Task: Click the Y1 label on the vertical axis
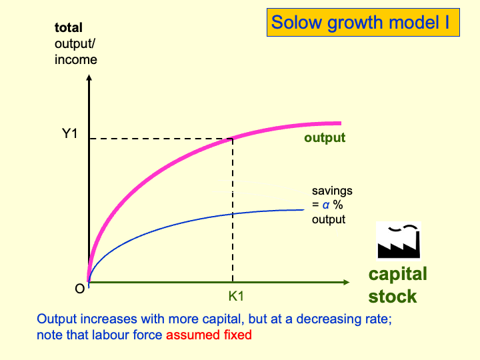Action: point(70,133)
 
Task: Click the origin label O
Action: point(79,290)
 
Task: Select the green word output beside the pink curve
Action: point(325,138)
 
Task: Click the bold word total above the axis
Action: point(69,28)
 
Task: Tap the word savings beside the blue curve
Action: point(332,191)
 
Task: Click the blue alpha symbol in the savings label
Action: point(326,205)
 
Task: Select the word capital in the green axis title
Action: point(398,274)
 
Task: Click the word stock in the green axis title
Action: point(393,297)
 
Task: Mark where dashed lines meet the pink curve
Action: point(232,139)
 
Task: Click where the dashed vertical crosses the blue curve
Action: point(232,213)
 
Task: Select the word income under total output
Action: point(75,60)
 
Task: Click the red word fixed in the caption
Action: point(239,335)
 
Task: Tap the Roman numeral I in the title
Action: point(446,23)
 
